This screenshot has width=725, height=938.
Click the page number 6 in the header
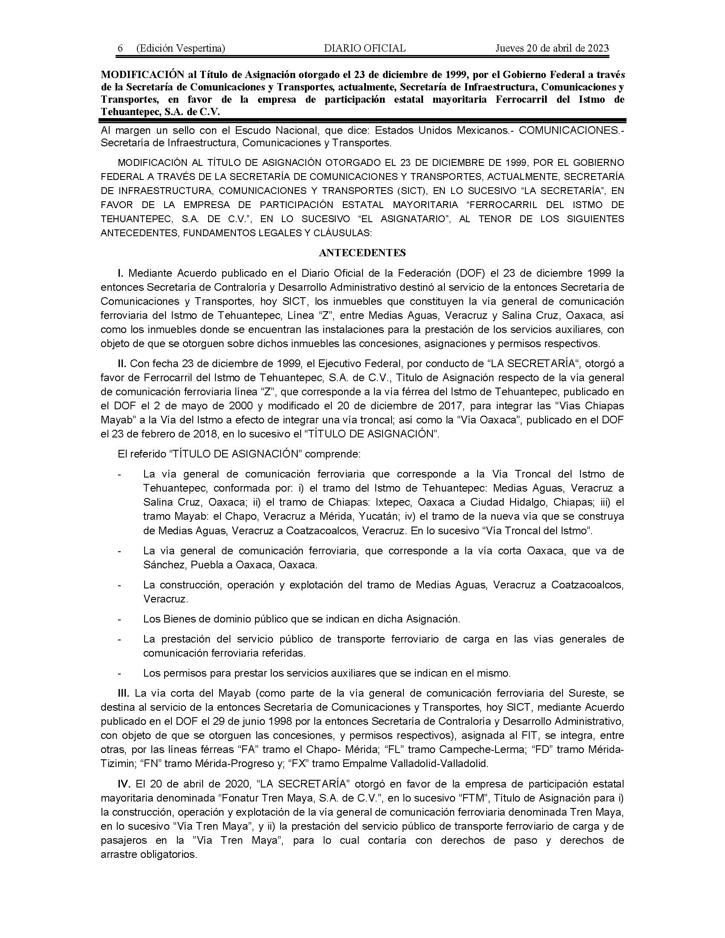[x=121, y=48]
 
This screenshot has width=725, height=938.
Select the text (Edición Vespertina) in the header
[x=180, y=48]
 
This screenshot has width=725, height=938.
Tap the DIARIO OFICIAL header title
[x=365, y=48]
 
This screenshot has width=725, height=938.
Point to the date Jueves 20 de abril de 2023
[x=552, y=48]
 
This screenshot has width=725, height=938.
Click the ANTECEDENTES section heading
[x=362, y=253]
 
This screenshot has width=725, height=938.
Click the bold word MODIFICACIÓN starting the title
[x=133, y=75]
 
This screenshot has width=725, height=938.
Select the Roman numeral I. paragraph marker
[x=121, y=273]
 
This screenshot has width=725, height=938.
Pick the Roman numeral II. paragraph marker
[x=122, y=364]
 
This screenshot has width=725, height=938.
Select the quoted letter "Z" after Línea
[x=327, y=316]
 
